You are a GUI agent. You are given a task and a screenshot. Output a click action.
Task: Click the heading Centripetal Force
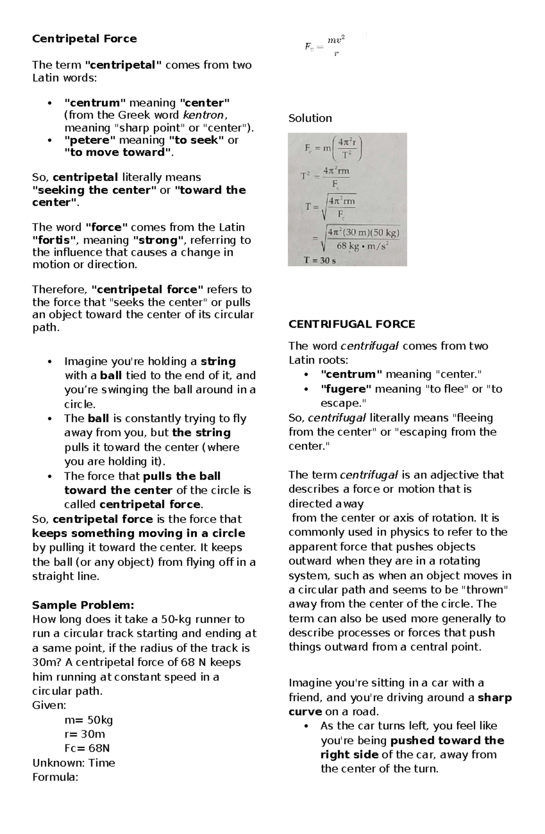pyautogui.click(x=84, y=39)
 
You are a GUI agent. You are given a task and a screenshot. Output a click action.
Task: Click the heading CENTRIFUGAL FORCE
pyautogui.click(x=352, y=324)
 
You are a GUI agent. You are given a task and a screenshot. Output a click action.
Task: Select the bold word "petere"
pyautogui.click(x=90, y=140)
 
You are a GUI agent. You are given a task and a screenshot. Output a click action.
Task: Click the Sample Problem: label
pyautogui.click(x=83, y=605)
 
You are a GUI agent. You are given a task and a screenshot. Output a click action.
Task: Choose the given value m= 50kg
pyautogui.click(x=89, y=720)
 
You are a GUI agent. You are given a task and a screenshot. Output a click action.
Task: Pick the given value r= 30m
pyautogui.click(x=84, y=734)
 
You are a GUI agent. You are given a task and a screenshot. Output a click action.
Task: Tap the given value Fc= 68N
pyautogui.click(x=87, y=748)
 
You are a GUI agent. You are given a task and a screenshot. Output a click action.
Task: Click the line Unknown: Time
pyautogui.click(x=74, y=763)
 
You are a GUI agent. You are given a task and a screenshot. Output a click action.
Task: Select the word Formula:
pyautogui.click(x=55, y=777)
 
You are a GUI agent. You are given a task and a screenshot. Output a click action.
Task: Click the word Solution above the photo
pyautogui.click(x=310, y=119)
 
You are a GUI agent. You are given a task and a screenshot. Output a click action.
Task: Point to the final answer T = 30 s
pyautogui.click(x=319, y=261)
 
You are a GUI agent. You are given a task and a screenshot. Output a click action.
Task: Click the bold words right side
pyautogui.click(x=349, y=754)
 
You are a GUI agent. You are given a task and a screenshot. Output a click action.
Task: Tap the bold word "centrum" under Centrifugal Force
pyautogui.click(x=351, y=375)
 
